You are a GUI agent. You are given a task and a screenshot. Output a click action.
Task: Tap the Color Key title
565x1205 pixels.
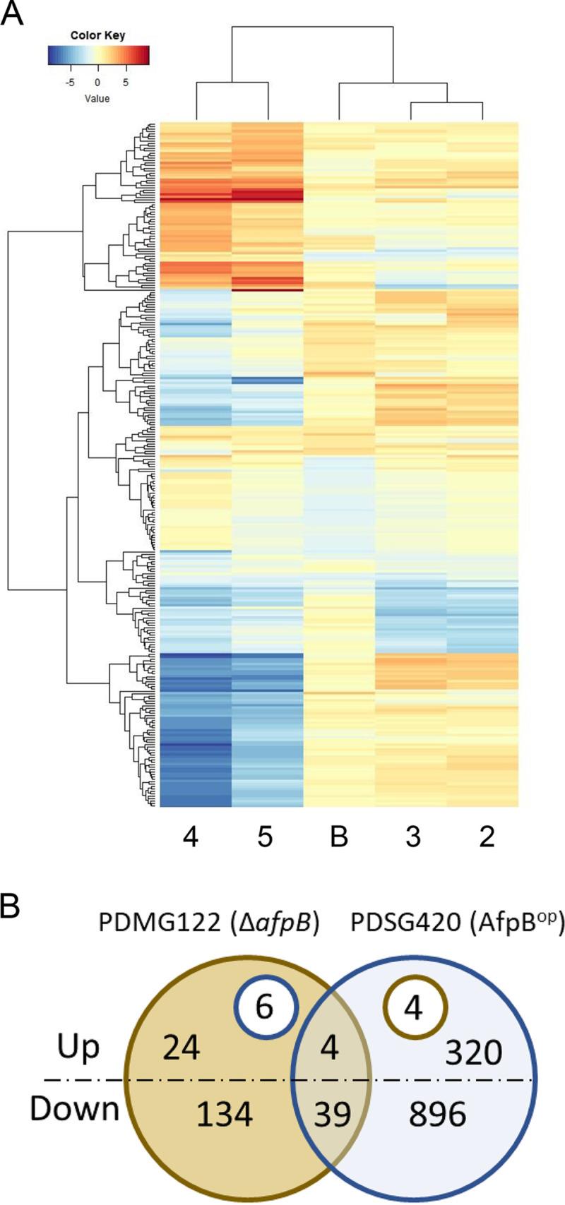[97, 35]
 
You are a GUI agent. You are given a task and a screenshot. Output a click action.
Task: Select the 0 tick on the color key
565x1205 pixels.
[98, 83]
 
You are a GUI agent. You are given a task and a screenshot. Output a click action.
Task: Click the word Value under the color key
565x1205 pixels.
[97, 98]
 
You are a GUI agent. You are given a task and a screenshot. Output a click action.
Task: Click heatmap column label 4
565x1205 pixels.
[190, 837]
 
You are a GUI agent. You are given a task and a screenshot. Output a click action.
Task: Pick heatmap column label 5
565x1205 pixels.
[266, 837]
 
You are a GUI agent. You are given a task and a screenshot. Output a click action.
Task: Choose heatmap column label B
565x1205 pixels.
[339, 837]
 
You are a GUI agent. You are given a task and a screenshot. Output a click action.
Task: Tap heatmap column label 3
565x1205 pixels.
[413, 837]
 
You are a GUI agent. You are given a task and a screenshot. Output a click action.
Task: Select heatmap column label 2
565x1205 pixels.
[487, 837]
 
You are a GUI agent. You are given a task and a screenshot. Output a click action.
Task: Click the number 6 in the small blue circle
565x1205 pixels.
[263, 1007]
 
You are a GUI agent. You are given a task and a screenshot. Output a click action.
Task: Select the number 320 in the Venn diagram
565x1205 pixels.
[473, 1053]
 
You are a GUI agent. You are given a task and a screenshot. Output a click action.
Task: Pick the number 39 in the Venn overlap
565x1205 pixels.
[332, 1115]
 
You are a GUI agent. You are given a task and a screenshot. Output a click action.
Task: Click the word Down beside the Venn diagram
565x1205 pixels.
[74, 1109]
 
